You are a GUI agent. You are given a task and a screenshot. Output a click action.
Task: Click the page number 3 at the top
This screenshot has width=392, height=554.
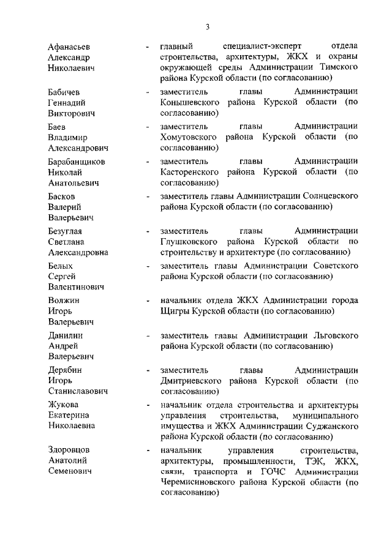pos(208,26)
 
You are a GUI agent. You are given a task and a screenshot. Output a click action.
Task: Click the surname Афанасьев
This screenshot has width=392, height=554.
pos(69,47)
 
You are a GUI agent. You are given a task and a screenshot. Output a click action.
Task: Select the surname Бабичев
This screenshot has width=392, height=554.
pos(65,92)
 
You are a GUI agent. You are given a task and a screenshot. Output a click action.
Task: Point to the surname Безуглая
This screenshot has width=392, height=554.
pos(65,231)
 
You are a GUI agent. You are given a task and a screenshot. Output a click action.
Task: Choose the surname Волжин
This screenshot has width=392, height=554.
pos(64,301)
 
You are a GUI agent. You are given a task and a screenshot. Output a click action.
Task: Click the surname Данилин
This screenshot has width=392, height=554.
pos(66,335)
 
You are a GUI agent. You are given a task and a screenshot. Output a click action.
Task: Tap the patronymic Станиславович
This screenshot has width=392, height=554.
pos(78,391)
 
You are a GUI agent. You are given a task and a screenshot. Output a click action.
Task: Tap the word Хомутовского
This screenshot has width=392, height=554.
pos(189,137)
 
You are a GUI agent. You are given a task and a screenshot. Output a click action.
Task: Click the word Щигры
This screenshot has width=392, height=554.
pos(174,312)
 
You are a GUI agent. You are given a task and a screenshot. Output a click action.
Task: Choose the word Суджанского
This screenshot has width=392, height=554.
pos(328,427)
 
